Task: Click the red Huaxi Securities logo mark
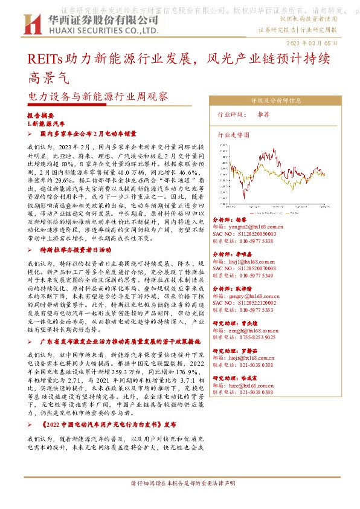(x=31, y=24)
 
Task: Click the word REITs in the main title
(x=42, y=60)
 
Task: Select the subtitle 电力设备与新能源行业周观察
(x=98, y=96)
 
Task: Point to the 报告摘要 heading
(x=40, y=114)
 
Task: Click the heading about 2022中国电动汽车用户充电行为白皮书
(x=109, y=424)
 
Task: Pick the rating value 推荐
(x=263, y=114)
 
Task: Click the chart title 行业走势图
(x=231, y=137)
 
